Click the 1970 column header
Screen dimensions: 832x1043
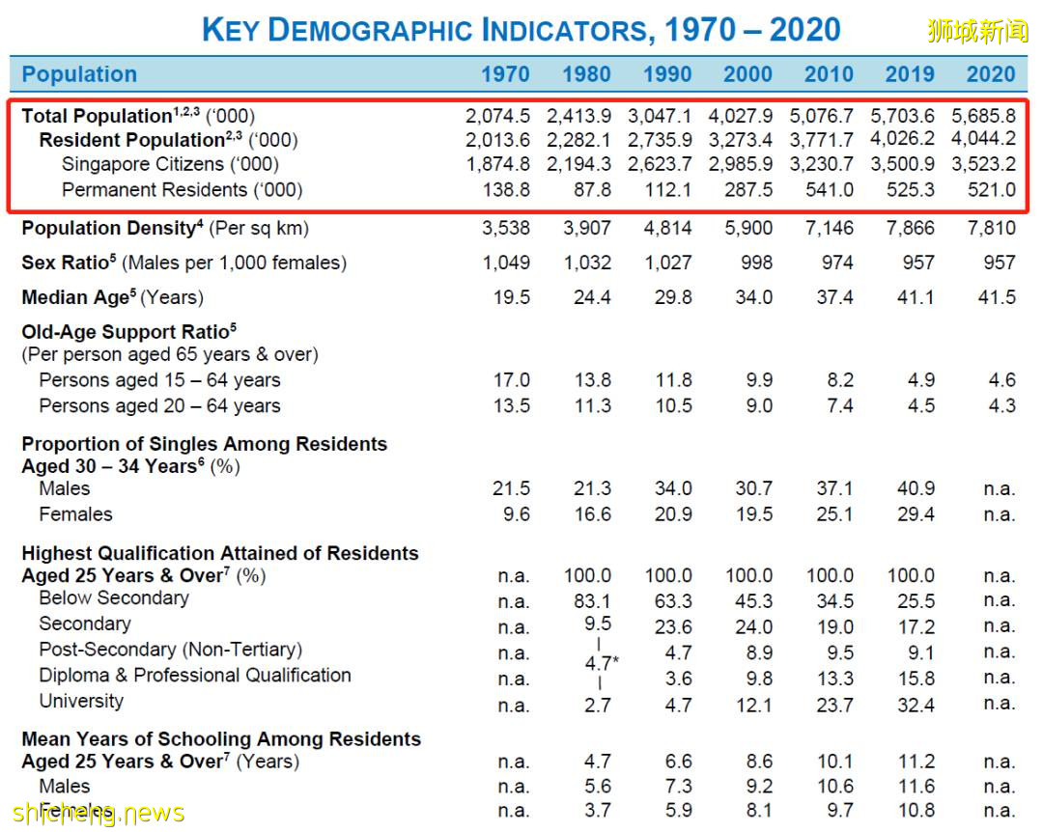pyautogui.click(x=505, y=74)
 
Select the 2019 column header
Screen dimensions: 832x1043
pyautogui.click(x=910, y=74)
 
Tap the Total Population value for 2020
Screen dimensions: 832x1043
pyautogui.click(x=983, y=116)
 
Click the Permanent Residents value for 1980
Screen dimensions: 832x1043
pyautogui.click(x=591, y=190)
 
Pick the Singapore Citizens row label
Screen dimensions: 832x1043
pyautogui.click(x=170, y=165)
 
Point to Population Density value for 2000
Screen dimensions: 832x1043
pyautogui.click(x=748, y=229)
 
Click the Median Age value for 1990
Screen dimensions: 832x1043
pyautogui.click(x=672, y=297)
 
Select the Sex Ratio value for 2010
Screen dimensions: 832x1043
pyautogui.click(x=836, y=263)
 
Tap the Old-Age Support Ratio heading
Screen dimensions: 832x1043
pyautogui.click(x=129, y=332)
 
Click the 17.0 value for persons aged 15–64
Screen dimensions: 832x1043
pyautogui.click(x=511, y=380)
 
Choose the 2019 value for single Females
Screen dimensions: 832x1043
pyautogui.click(x=916, y=514)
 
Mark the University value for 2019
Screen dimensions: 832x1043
pyautogui.click(x=916, y=705)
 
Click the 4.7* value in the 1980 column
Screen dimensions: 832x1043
pyautogui.click(x=601, y=664)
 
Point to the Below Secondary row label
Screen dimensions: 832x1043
pyautogui.click(x=114, y=598)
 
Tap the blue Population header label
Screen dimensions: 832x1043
pyautogui.click(x=79, y=74)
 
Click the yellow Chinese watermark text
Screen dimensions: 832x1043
pyautogui.click(x=977, y=31)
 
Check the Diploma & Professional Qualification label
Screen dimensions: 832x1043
pyautogui.click(x=195, y=676)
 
